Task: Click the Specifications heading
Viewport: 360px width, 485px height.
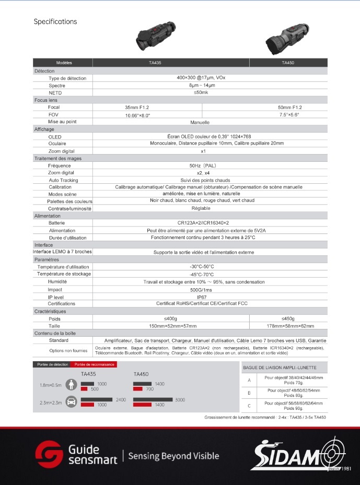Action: tap(55, 21)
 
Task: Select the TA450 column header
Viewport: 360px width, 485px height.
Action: tap(288, 63)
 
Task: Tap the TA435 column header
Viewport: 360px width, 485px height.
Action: tap(155, 63)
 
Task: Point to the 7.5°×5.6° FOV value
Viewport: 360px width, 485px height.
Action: tap(289, 114)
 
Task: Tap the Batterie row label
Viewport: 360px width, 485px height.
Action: tap(57, 223)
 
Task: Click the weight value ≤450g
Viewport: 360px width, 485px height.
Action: tap(288, 318)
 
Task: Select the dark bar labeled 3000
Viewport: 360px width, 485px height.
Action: tap(153, 399)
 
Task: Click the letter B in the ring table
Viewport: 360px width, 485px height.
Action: tap(249, 392)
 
